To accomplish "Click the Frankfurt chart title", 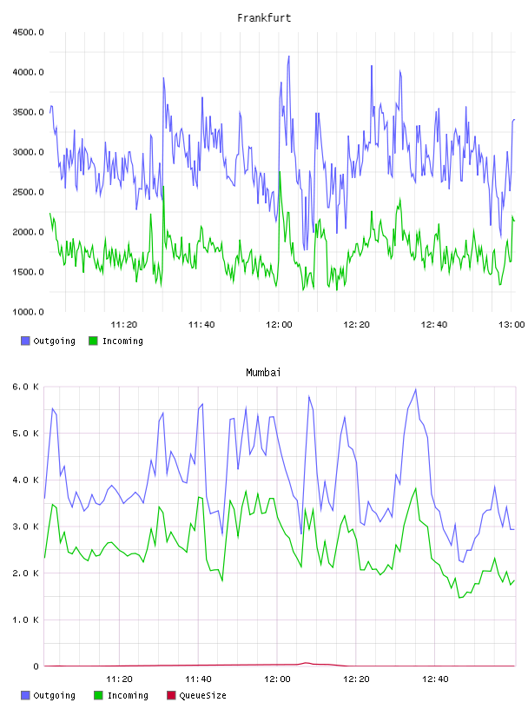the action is [264, 18].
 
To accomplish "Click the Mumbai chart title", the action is [263, 373].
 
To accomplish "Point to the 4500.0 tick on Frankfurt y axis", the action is [28, 32].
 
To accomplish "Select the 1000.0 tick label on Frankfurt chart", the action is [28, 312].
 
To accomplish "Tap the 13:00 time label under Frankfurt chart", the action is [511, 325].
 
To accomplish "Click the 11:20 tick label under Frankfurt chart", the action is [124, 325].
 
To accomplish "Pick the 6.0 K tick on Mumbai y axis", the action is [25, 387].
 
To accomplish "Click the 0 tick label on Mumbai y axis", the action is [36, 666].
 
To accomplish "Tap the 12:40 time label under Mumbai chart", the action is [435, 679].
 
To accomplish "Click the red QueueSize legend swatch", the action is [171, 695].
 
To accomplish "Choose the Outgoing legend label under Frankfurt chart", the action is [54, 341].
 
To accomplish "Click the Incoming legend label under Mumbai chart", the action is [128, 695].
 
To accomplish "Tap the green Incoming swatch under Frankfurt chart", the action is [93, 341].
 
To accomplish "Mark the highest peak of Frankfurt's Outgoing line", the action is [289, 56].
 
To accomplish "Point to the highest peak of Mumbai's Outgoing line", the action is [416, 389].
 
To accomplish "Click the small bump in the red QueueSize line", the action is [306, 663].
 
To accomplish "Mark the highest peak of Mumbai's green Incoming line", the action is [416, 489].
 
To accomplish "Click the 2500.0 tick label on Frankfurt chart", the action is [28, 192].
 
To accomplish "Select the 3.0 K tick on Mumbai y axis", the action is [25, 527].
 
